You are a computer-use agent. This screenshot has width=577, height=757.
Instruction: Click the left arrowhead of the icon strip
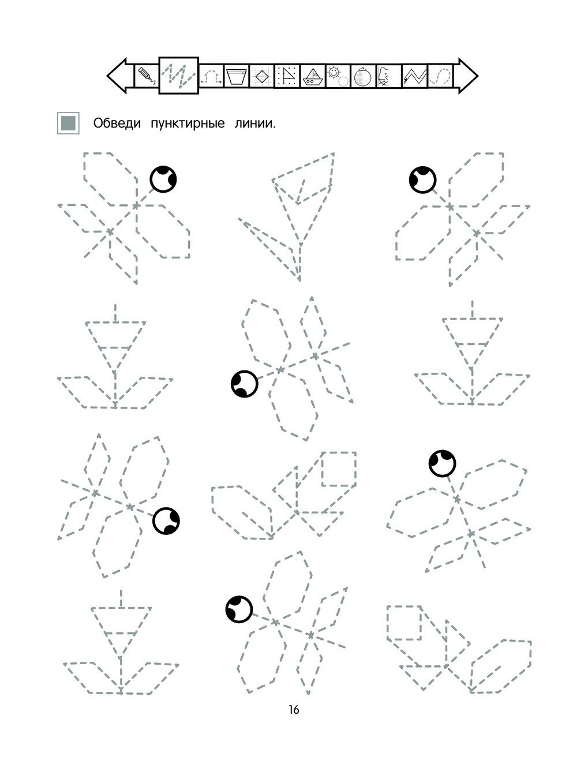point(119,76)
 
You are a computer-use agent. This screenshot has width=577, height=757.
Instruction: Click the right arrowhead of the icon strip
point(467,76)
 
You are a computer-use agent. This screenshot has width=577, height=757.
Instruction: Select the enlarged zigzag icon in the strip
point(179,76)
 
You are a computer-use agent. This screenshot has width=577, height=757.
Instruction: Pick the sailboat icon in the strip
point(312,76)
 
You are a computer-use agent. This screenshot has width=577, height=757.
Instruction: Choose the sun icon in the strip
point(337,76)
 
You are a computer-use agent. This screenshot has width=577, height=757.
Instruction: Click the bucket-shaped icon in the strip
point(236,76)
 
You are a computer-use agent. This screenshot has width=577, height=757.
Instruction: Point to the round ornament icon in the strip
point(362,76)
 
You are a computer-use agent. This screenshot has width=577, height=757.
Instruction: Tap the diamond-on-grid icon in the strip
point(261,76)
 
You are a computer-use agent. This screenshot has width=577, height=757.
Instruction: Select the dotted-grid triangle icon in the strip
point(287,76)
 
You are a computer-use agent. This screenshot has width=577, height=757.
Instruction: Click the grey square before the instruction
point(68,123)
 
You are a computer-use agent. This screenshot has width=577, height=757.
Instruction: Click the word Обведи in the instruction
point(117,123)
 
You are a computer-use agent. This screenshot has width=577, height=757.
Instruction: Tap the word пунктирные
point(187,123)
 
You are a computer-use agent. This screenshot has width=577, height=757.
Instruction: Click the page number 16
point(294,710)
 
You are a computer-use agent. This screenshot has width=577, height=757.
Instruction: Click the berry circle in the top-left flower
point(163,179)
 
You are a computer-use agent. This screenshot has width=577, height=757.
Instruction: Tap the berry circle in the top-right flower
point(422,179)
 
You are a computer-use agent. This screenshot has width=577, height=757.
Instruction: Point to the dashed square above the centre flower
point(339,469)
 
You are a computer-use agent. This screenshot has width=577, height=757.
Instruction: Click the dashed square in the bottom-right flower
point(404,623)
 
